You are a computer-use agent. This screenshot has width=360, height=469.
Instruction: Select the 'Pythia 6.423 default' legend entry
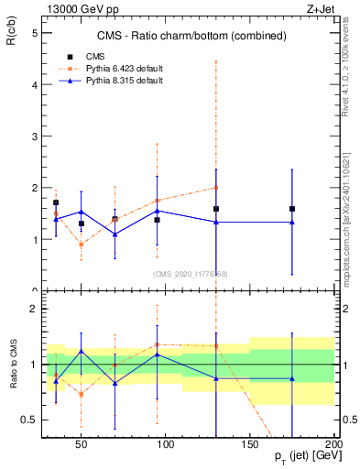click(125, 68)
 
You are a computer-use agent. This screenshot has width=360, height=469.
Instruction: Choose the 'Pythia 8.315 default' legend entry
click(125, 81)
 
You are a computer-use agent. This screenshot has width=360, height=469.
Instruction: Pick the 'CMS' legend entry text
click(95, 55)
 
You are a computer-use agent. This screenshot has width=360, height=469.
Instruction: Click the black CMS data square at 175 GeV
click(292, 209)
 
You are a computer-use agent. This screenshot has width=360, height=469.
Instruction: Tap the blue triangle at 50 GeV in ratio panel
click(82, 351)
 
